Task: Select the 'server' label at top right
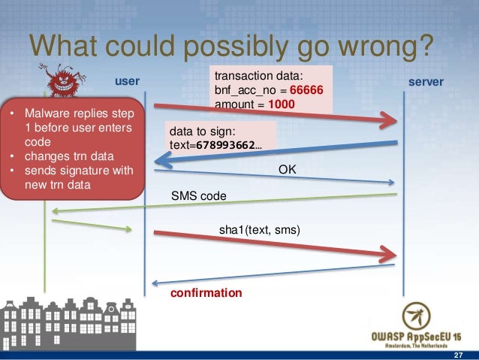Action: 425,80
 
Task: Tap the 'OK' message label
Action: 288,171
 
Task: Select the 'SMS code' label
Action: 199,196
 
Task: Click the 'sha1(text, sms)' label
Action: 259,231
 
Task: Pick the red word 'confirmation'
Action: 206,292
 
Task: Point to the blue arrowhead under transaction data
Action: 161,158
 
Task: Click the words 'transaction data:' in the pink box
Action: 258,76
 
